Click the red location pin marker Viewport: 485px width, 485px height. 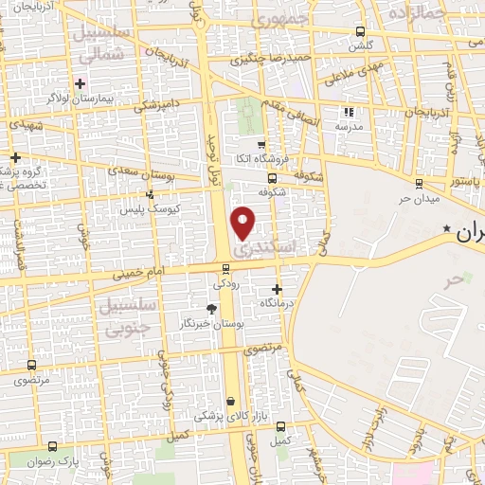(x=243, y=223)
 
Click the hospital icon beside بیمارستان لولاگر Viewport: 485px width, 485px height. (x=80, y=83)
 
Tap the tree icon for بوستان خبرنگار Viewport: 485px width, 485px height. (x=210, y=309)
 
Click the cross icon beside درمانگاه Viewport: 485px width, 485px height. (x=277, y=289)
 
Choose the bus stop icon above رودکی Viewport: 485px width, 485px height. (x=225, y=268)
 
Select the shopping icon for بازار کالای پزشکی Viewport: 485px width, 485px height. (x=232, y=401)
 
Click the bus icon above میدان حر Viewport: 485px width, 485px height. (x=419, y=184)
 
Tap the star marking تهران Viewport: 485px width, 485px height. (x=446, y=229)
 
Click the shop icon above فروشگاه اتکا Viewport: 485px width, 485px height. (x=260, y=143)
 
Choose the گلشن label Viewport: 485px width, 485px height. (x=360, y=45)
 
